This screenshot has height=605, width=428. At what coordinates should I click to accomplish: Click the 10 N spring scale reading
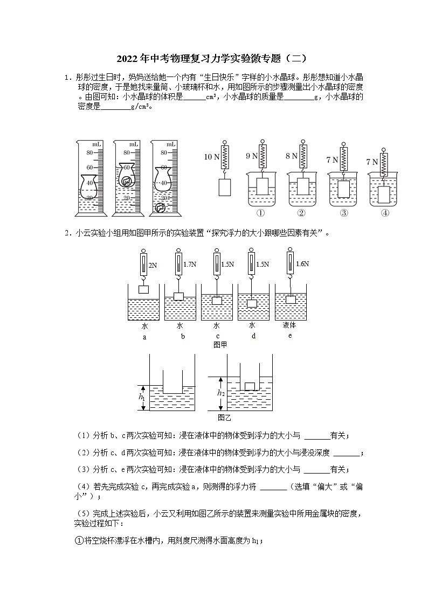point(212,157)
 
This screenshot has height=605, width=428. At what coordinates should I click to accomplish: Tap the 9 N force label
point(252,156)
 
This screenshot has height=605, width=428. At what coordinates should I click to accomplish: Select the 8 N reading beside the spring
point(291,156)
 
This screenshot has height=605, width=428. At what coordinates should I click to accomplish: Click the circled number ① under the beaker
point(261,213)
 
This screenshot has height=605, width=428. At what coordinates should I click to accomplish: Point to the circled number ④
point(385,213)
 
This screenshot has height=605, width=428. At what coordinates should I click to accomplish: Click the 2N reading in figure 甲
point(153,265)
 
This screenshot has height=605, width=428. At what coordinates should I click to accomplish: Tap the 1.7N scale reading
point(190,265)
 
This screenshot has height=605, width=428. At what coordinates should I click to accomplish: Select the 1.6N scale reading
point(302,264)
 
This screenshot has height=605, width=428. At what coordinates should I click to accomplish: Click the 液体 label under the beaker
point(289,325)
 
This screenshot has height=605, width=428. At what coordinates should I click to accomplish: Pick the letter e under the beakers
point(289,335)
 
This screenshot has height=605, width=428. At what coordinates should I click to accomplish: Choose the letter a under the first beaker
point(144,336)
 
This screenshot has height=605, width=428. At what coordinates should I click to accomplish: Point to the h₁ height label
point(142,397)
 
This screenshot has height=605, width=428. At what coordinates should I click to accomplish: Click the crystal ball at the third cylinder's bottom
point(160,208)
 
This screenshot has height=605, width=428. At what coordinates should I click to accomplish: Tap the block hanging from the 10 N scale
point(225,187)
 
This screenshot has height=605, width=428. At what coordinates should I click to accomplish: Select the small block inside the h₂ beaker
point(250,386)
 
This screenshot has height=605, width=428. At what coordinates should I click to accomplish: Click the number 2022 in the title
point(127,58)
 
